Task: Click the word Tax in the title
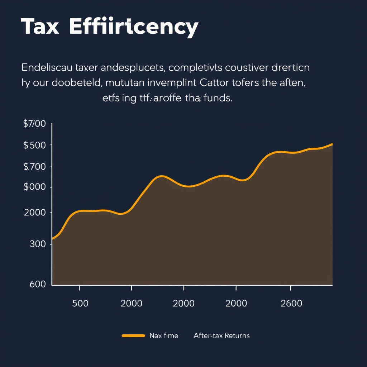(x=40, y=27)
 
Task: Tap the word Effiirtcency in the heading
(x=133, y=27)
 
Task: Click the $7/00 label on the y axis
(x=34, y=124)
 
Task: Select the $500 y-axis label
(x=34, y=146)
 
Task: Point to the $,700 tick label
(x=34, y=167)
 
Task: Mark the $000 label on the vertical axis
(x=34, y=187)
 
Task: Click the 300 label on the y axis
(x=39, y=244)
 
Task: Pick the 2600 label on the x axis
(x=291, y=304)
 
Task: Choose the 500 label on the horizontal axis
(x=80, y=304)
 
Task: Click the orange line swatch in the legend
(x=133, y=336)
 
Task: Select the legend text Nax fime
(x=163, y=336)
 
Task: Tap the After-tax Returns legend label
(x=221, y=336)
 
